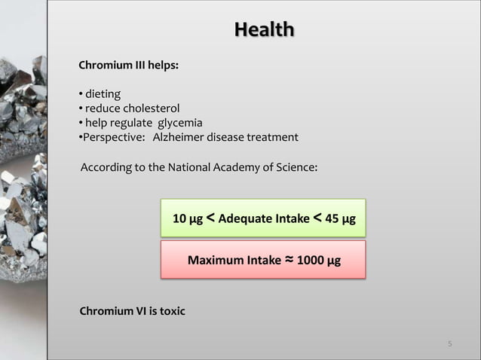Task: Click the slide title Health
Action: (264, 30)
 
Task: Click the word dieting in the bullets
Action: (103, 94)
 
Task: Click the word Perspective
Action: (112, 137)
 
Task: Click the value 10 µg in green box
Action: (188, 219)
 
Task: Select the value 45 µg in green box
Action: (341, 219)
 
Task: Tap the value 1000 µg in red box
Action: (318, 261)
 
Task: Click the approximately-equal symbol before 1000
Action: (290, 260)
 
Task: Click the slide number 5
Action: (450, 344)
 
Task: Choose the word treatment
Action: (274, 137)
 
